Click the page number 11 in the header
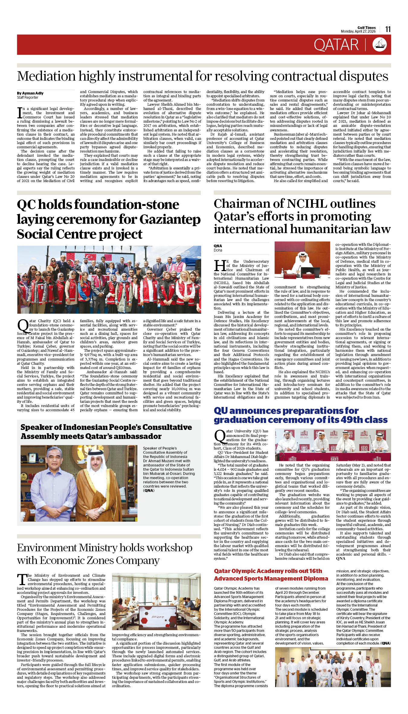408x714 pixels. [388, 29]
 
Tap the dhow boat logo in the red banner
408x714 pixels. [379, 45]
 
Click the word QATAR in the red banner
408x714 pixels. [336, 45]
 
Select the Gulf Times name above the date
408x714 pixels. [366, 27]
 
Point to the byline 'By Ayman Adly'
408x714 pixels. [30, 93]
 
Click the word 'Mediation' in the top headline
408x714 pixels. [46, 76]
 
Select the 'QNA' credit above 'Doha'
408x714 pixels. [218, 246]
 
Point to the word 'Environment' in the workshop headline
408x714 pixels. [47, 548]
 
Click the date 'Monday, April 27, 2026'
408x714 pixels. [358, 31]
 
